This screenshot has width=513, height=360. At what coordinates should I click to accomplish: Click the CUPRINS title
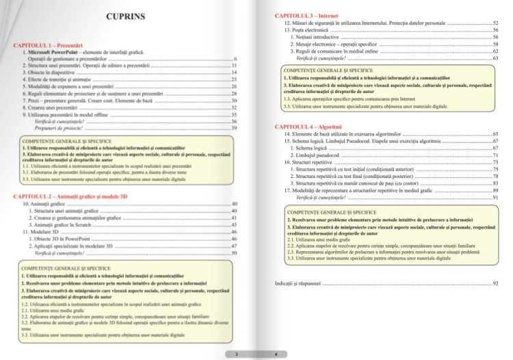coord(128,16)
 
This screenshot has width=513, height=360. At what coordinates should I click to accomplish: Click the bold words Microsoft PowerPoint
coord(56,52)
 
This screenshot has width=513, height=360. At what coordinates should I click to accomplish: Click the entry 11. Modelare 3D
coord(49,232)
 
